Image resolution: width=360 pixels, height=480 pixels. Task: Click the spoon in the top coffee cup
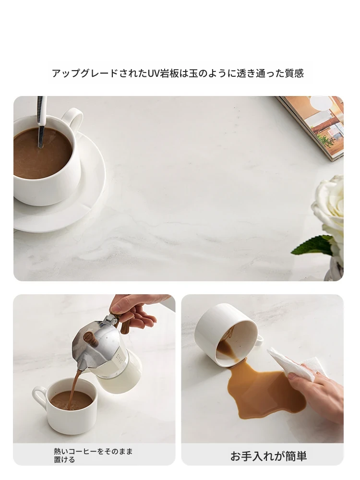point(41,122)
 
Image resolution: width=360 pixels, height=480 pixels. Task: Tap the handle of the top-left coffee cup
point(75,116)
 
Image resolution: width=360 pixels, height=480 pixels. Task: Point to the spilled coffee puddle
point(263,392)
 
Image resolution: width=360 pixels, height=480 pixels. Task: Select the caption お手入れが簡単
point(268,456)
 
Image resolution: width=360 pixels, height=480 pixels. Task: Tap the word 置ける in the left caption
point(64,459)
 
